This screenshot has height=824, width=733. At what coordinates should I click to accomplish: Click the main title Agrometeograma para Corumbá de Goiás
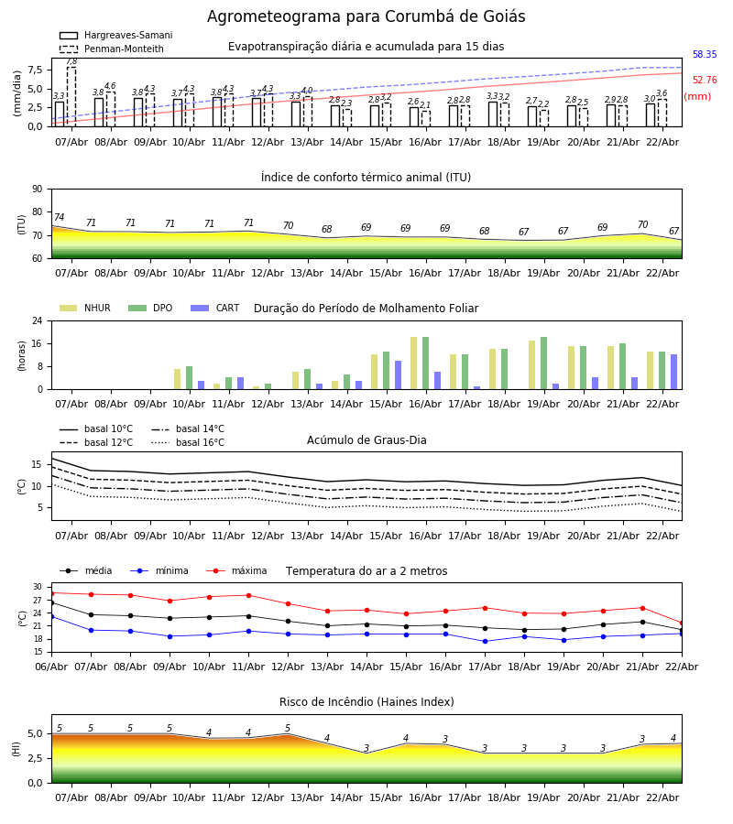[366, 17]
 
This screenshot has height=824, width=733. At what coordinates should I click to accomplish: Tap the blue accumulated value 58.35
[705, 55]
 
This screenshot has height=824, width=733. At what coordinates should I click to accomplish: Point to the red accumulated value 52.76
[705, 81]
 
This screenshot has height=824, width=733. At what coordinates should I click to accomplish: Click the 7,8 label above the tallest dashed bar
[71, 61]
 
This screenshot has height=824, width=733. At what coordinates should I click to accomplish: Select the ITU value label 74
[59, 218]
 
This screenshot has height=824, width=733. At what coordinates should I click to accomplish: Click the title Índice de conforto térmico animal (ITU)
[366, 178]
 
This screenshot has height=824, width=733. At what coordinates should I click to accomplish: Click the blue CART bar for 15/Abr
[399, 374]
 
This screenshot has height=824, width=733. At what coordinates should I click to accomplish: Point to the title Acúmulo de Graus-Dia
[366, 440]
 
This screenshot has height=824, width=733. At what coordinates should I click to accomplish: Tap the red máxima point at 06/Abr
[51, 593]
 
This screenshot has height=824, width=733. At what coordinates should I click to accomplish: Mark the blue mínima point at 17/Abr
[485, 641]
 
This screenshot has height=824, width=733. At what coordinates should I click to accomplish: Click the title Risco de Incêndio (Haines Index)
[366, 702]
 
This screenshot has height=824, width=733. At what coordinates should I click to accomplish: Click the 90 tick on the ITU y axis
[37, 189]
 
